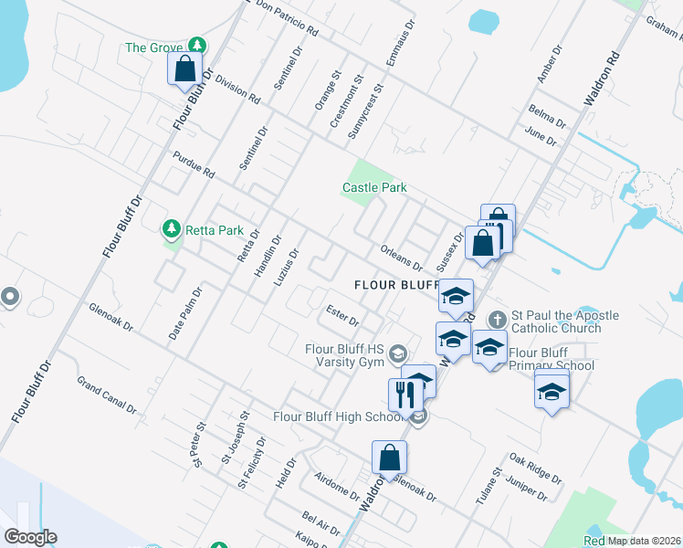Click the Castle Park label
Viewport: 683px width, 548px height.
click(373, 187)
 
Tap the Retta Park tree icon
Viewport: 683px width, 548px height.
click(170, 227)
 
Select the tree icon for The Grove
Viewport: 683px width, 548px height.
click(196, 45)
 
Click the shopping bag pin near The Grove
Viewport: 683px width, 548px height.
click(185, 68)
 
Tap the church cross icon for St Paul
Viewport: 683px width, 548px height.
click(497, 319)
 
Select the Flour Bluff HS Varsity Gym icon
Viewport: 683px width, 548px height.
click(397, 353)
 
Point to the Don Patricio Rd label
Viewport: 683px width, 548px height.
click(288, 18)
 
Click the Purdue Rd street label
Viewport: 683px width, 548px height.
click(193, 164)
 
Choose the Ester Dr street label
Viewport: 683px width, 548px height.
click(342, 316)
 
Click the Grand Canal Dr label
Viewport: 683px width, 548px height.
click(106, 394)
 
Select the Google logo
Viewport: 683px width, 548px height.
click(30, 537)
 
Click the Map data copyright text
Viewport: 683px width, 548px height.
click(643, 541)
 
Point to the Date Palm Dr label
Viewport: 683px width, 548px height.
click(184, 312)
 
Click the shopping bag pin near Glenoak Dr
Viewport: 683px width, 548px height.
click(389, 458)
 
